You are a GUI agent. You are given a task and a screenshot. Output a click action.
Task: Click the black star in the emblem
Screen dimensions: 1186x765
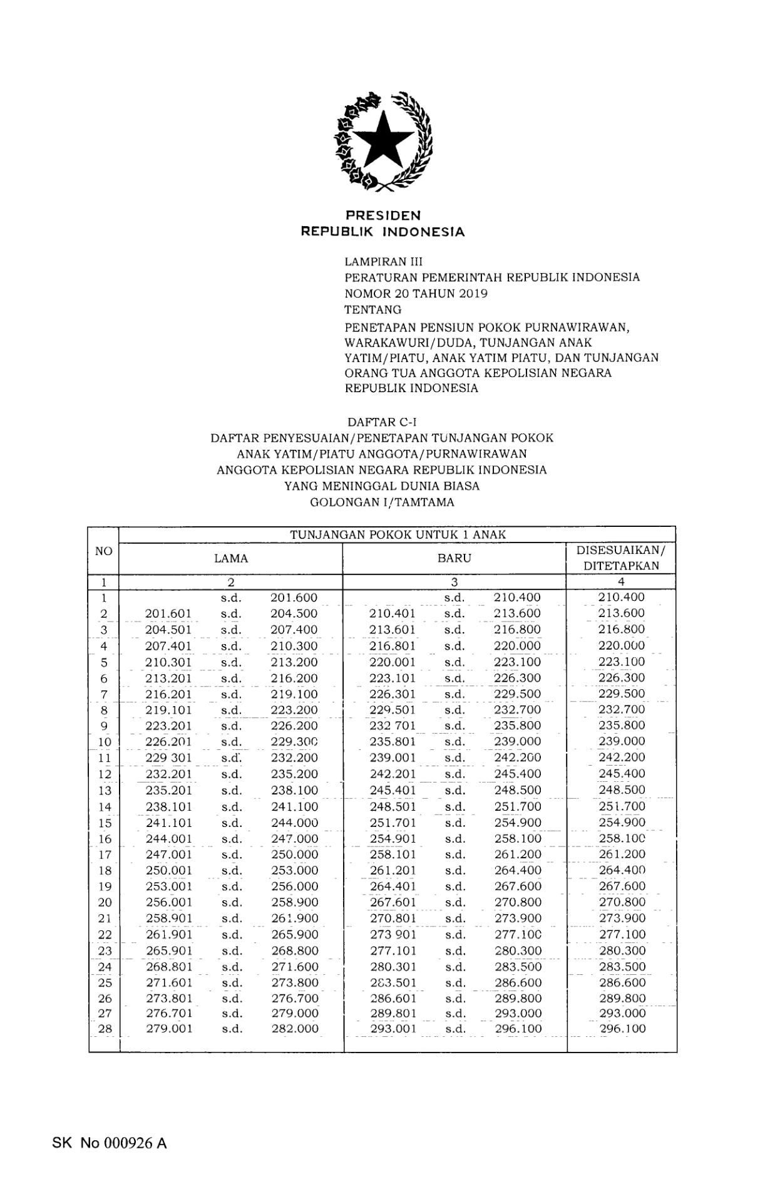[382, 140]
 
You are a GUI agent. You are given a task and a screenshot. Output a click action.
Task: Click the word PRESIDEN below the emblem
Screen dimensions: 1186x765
[382, 216]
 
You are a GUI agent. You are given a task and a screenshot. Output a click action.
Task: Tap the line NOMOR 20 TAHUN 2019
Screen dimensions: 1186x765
[416, 293]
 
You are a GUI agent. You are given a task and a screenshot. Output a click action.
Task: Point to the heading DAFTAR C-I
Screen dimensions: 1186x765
[382, 422]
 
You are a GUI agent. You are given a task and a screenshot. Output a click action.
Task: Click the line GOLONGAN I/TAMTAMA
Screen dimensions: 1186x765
[382, 502]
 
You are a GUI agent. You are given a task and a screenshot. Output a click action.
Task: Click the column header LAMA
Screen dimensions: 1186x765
[231, 558]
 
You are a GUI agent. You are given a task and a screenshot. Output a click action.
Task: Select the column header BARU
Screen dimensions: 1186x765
[454, 558]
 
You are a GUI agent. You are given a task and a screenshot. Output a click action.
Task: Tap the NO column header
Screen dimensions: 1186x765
[103, 551]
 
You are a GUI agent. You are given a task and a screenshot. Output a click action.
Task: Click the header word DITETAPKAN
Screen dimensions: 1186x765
[621, 566]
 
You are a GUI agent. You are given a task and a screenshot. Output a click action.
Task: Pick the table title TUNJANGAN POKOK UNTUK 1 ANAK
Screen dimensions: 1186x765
[398, 534]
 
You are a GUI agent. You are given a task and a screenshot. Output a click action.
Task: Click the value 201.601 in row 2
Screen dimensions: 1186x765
[168, 614]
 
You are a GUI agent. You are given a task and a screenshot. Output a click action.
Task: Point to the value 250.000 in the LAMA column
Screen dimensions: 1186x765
[294, 855]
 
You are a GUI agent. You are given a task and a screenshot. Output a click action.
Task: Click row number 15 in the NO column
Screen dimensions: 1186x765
[105, 823]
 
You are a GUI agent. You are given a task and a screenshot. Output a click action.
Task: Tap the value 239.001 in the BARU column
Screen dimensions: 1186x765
[393, 758]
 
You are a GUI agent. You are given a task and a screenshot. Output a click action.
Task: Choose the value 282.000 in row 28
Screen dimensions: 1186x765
[294, 1029]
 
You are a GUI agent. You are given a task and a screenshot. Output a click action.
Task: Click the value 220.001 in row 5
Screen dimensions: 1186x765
[393, 662]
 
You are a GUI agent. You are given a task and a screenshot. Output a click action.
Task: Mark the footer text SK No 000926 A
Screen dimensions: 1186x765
[110, 1143]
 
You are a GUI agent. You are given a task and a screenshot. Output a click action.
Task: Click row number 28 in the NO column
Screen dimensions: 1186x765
[105, 1029]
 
